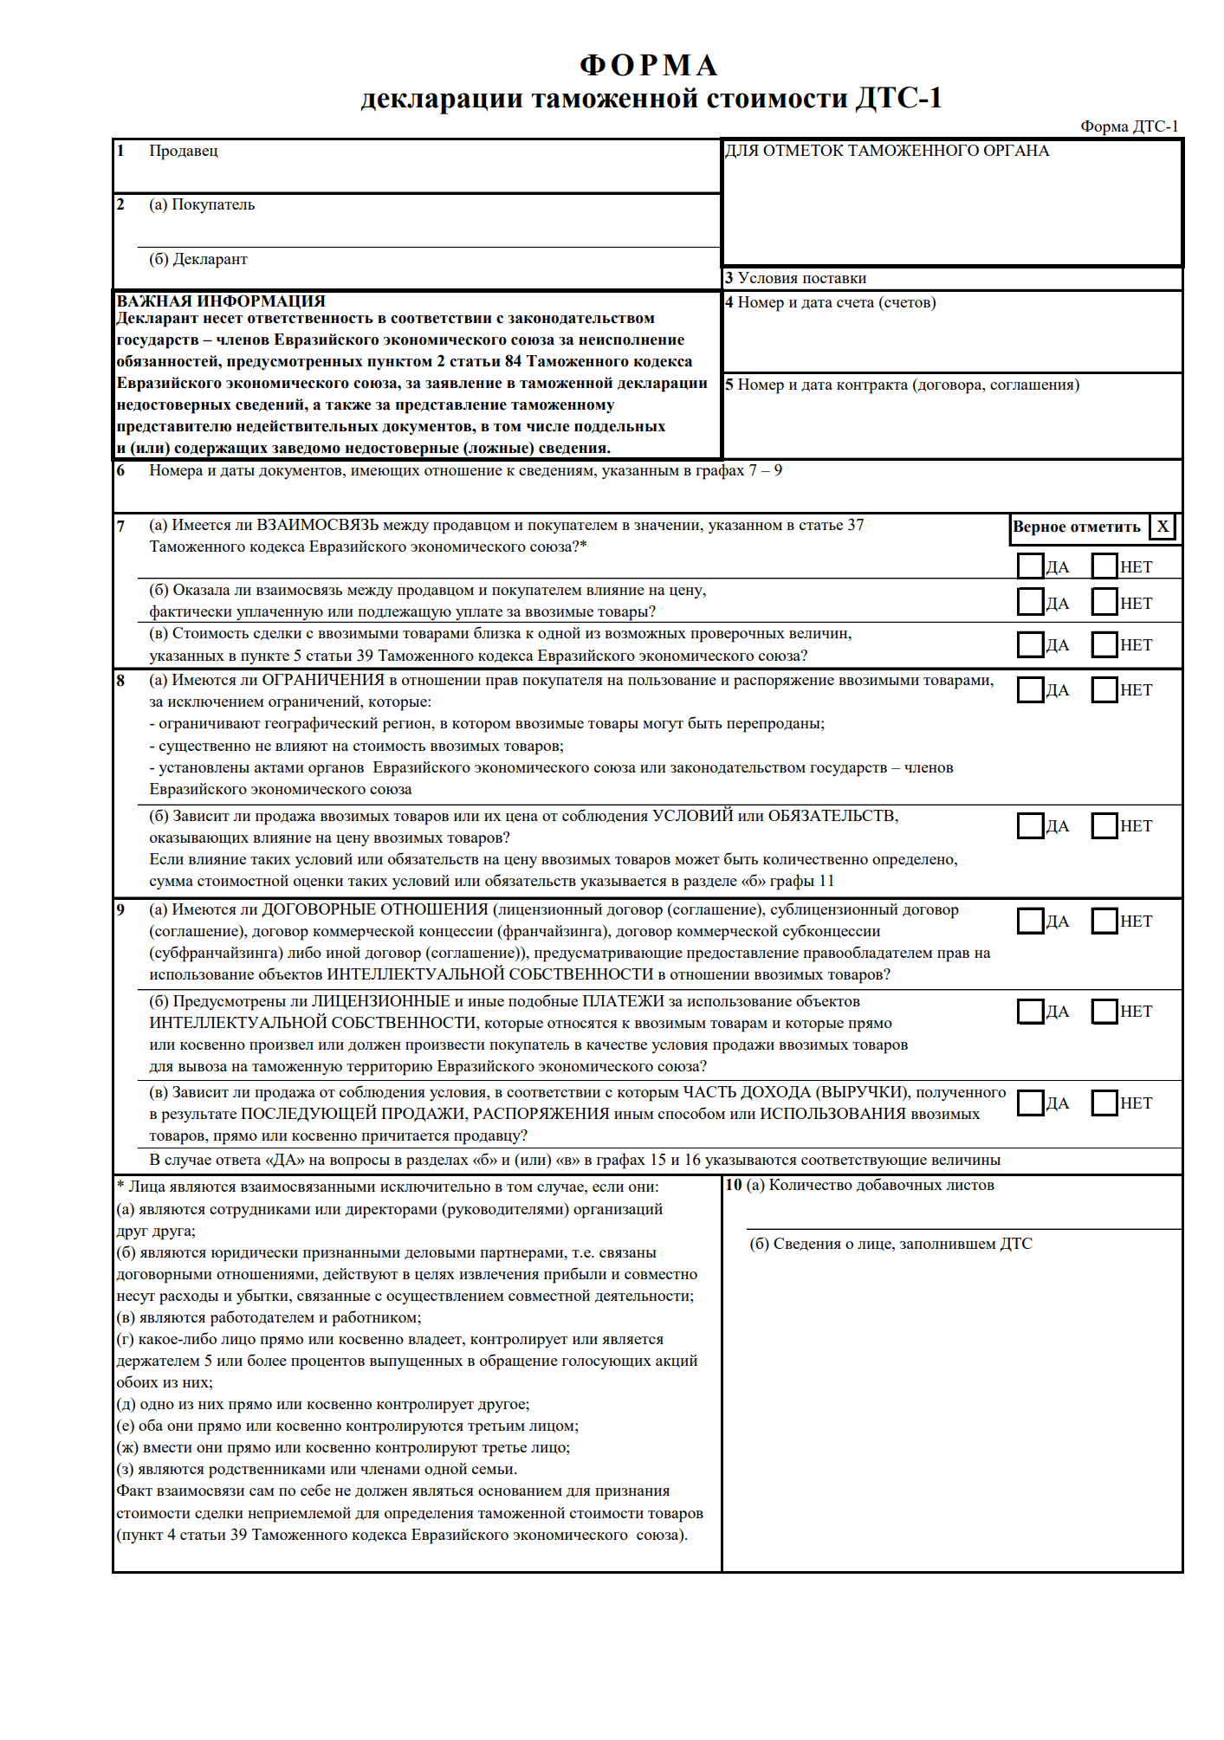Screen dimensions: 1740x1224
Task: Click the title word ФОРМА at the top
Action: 649,65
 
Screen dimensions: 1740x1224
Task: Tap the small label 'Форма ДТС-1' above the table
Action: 1129,126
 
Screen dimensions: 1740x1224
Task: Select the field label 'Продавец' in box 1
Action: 183,151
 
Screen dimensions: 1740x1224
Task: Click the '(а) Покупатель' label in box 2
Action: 202,204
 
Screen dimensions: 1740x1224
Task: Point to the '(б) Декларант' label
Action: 198,259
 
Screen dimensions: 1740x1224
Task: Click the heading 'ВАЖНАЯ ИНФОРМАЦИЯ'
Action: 221,301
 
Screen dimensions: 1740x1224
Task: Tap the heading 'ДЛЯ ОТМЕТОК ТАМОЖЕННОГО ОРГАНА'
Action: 887,151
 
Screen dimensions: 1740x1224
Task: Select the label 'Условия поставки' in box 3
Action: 801,278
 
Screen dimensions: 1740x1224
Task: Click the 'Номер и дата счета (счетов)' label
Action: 836,302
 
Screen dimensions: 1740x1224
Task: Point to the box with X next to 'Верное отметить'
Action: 1162,527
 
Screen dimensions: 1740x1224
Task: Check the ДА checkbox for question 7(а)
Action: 1030,566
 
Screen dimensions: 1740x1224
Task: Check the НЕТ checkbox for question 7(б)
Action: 1104,602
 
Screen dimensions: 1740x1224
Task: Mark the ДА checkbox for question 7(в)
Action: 1030,644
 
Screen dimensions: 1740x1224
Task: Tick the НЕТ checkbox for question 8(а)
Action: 1104,689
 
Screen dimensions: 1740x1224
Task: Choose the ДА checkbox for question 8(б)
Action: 1030,825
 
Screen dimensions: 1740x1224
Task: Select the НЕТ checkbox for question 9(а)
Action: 1104,921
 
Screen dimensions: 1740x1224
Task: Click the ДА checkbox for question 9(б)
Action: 1030,1011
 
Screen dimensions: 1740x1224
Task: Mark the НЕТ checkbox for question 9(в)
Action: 1104,1103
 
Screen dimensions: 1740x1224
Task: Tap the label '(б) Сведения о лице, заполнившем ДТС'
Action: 890,1244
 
